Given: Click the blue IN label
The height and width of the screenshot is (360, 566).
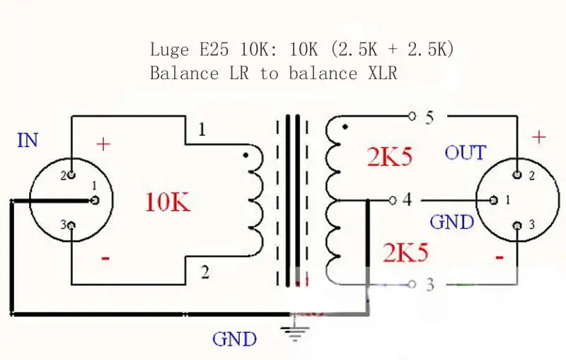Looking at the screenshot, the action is tap(28, 140).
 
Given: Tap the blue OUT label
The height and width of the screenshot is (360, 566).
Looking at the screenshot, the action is tap(466, 153).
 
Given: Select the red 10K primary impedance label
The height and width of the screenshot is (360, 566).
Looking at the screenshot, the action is tap(168, 202).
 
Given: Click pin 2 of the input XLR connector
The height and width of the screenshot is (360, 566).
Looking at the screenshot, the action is tap(71, 175).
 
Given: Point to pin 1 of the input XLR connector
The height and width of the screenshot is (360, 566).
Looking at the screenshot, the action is tap(96, 200).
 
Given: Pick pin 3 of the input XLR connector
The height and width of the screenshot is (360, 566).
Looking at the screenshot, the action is tap(71, 226).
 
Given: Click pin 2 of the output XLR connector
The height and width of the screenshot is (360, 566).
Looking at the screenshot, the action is tap(517, 175).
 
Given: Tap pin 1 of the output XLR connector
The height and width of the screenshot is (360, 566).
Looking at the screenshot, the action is tap(494, 200).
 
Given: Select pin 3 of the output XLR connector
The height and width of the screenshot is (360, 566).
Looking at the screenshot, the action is tap(517, 226).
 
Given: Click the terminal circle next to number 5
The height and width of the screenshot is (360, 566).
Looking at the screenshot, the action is tap(412, 116).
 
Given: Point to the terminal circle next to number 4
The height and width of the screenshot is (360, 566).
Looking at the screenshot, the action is tap(393, 200).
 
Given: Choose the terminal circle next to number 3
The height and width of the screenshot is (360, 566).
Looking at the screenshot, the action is tap(412, 284).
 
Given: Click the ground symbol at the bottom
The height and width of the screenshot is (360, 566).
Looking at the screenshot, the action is tap(295, 330).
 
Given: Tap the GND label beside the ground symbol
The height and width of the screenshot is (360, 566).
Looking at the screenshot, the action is tap(234, 339).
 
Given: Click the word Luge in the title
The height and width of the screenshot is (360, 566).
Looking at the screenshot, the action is tap(169, 50).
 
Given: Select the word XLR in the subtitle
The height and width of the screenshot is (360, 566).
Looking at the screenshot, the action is tap(383, 74).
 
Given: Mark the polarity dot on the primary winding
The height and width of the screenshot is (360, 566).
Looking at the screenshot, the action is tap(246, 156).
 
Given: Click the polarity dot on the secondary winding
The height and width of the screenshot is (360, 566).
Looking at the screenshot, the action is tap(345, 127).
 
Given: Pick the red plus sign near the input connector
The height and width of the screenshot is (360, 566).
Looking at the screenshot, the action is tap(103, 144).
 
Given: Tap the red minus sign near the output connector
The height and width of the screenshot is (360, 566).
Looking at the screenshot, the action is tap(499, 257).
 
